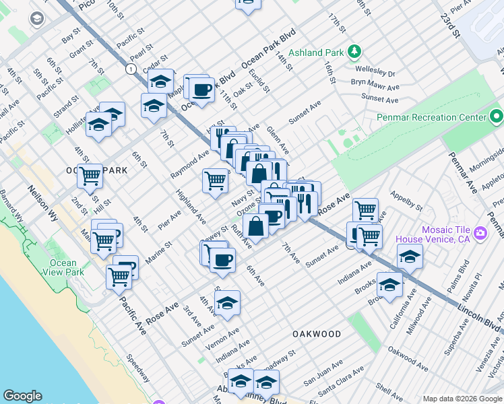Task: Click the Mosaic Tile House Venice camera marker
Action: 480,234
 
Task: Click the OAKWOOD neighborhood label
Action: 317,334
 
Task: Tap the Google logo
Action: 22,396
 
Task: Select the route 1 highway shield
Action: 129,68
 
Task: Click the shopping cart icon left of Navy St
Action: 215,180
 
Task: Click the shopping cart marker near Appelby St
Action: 365,209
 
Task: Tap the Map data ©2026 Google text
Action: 462,399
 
